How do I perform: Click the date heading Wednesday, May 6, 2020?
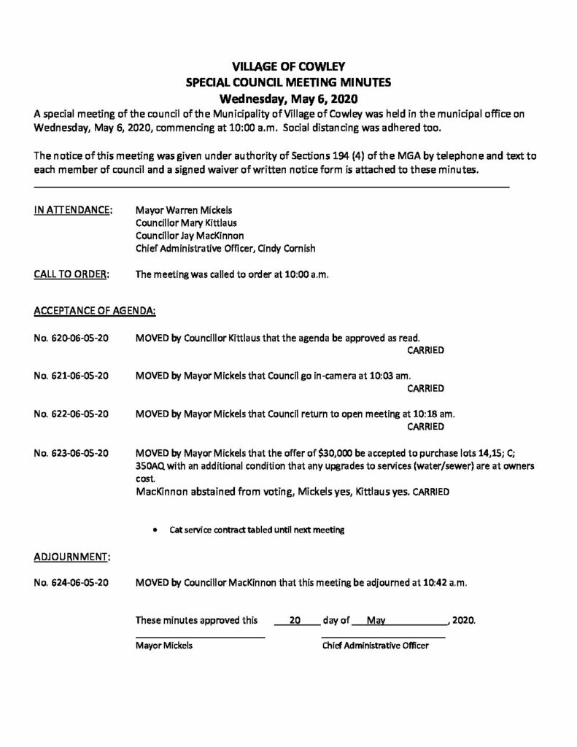click(x=288, y=98)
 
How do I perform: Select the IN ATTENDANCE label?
click(x=73, y=210)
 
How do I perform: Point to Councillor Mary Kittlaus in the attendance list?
click(x=186, y=222)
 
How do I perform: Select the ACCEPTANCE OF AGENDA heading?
click(x=95, y=311)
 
